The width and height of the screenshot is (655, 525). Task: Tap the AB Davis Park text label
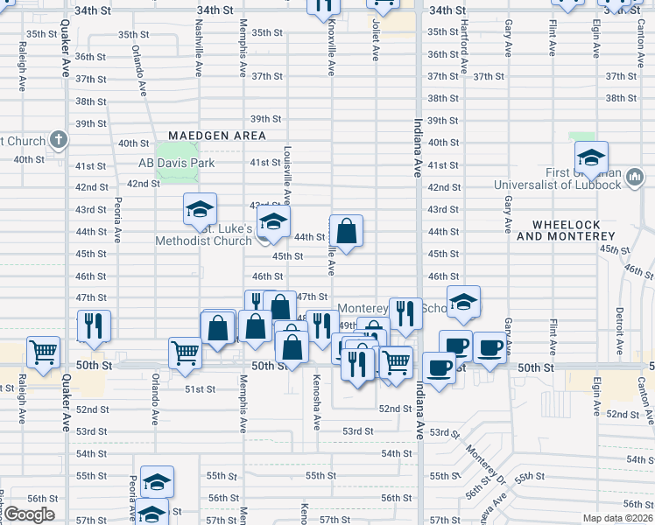176,163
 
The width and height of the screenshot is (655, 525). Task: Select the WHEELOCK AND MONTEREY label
568,230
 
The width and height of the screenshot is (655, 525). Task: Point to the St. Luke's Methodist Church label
203,234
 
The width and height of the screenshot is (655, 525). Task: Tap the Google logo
28,514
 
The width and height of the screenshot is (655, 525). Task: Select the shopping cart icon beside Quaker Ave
43,352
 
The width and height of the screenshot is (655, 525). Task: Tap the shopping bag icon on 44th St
347,232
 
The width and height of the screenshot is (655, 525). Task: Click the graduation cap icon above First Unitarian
591,157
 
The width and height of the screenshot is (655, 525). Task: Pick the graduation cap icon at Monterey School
463,302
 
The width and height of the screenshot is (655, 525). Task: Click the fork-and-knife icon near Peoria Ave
94,325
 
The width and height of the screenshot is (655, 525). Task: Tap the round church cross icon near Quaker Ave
59,139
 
